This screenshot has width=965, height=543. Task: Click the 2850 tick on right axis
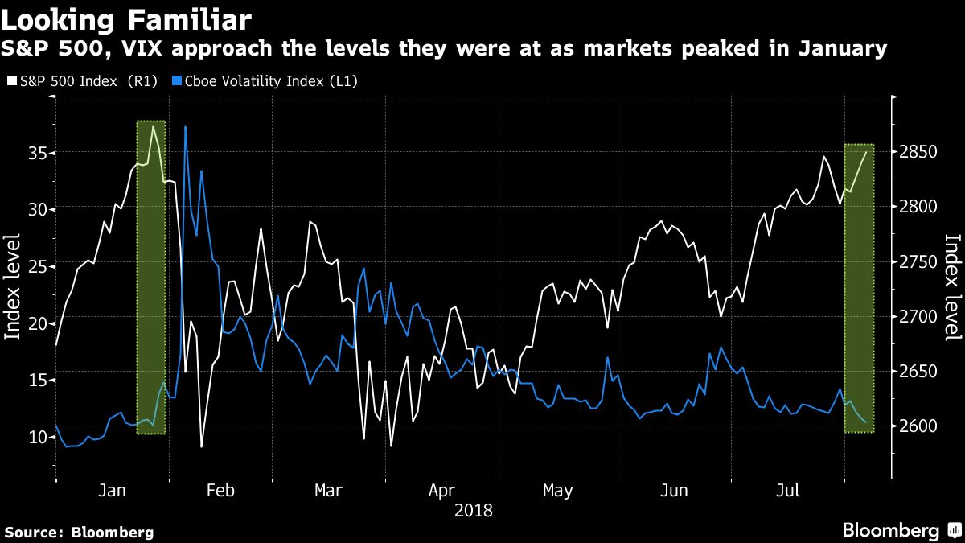coord(920,153)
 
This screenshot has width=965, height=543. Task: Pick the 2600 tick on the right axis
coord(920,426)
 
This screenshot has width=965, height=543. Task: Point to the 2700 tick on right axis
coord(920,317)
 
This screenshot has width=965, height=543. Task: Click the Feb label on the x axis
coord(220,491)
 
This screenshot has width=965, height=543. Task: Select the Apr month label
coord(442,491)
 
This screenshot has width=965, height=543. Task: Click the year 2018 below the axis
coord(473,511)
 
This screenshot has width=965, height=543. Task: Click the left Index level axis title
coord(14,287)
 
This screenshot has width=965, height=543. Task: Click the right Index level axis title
coord(952,287)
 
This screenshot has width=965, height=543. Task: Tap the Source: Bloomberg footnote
coord(79,532)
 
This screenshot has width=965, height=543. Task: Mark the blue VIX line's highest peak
coord(185,127)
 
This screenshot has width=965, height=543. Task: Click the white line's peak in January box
coord(153,126)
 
